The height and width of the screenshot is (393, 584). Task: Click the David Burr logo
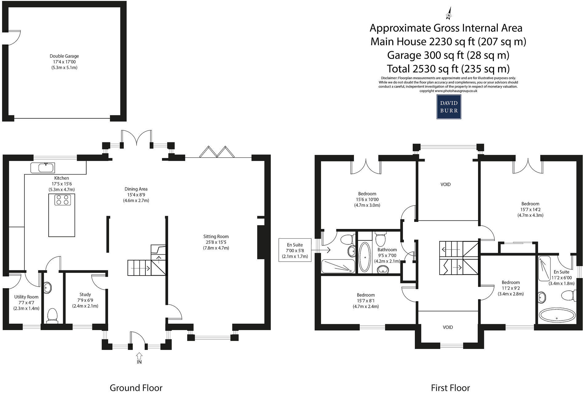(x=449, y=107)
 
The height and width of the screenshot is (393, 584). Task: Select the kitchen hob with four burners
(x=62, y=200)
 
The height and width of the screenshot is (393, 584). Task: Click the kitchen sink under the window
(x=43, y=168)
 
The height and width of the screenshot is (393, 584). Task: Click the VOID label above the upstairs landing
(x=446, y=184)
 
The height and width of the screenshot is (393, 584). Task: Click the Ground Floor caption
(x=136, y=387)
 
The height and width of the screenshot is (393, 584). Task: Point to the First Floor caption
(x=450, y=387)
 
